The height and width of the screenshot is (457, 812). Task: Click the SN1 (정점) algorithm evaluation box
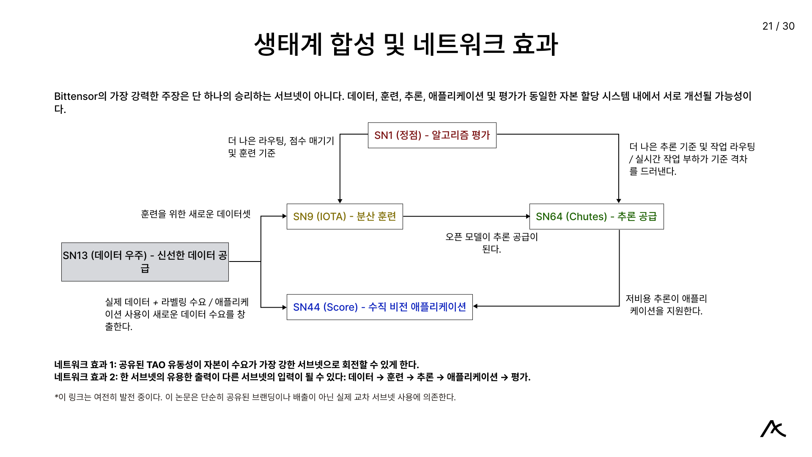coord(432,135)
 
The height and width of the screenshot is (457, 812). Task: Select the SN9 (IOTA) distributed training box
coord(345,217)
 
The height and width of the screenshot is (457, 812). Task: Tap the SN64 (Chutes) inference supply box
coord(596,217)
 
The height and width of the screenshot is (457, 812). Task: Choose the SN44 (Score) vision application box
coord(379,307)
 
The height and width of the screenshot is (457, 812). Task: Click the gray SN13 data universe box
coord(145,262)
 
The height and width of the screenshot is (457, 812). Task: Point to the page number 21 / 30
coord(778,26)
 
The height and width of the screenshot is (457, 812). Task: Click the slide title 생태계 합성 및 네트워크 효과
coord(406,44)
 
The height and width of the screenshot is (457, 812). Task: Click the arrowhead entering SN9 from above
coord(340,201)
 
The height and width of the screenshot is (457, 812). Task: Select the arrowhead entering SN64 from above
coord(619,201)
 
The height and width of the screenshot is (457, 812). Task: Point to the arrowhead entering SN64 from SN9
coord(527,217)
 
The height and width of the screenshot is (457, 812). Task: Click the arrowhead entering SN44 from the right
coord(475,306)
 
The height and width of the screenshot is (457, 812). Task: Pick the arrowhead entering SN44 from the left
coord(284,307)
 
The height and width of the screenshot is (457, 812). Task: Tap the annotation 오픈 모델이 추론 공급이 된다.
coord(491,243)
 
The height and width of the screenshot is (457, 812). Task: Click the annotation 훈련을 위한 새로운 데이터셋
coord(196,214)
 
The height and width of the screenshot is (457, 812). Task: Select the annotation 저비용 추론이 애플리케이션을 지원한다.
coord(666,305)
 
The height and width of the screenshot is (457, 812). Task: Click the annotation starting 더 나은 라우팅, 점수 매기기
coord(281,147)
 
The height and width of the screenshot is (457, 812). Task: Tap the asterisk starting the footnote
coord(56,396)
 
